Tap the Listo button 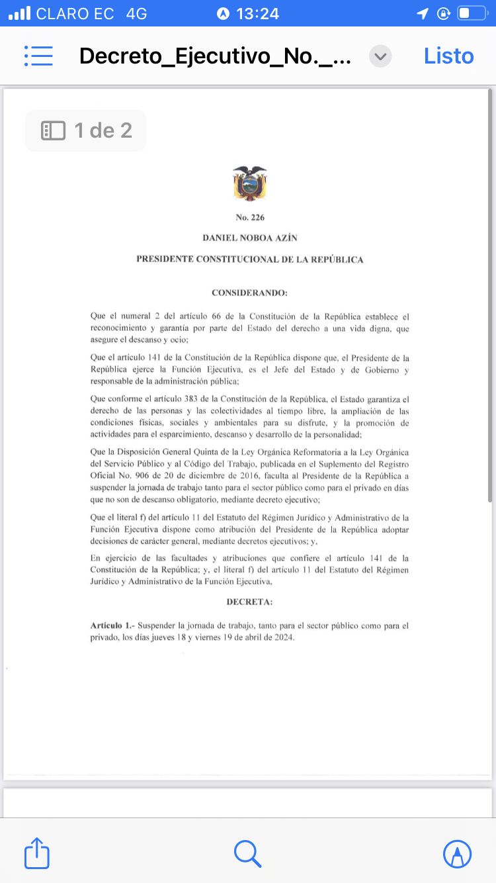click(448, 56)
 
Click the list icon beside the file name click(38, 56)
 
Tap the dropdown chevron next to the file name click(380, 56)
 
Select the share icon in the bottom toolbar click(37, 853)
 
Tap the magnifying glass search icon click(248, 853)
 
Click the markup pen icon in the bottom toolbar click(458, 853)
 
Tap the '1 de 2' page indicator click(86, 130)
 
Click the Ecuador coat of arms click(250, 183)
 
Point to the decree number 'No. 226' click(250, 218)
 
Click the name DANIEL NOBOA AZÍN click(250, 237)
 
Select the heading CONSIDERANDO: click(250, 292)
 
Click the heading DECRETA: click(250, 602)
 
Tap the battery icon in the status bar click(472, 13)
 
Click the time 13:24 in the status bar click(257, 13)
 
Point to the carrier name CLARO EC click(75, 13)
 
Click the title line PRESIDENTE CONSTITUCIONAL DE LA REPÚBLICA click(250, 259)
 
